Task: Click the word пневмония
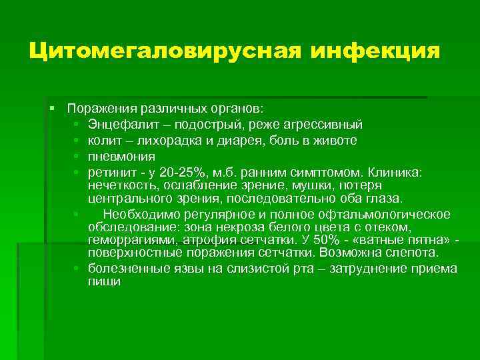point(121,157)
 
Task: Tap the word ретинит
point(109,173)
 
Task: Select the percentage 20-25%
point(174,173)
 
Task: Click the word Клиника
point(395,173)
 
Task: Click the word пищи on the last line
point(103,281)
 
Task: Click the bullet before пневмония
point(77,157)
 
